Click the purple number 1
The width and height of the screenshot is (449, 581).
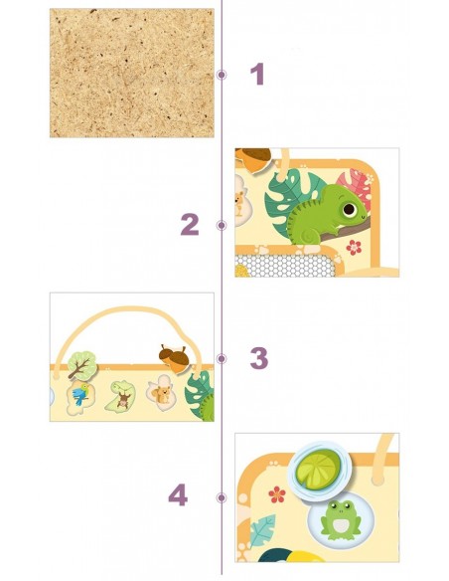click(x=257, y=74)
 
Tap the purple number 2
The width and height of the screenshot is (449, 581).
click(x=190, y=225)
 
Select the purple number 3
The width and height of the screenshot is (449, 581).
click(x=259, y=358)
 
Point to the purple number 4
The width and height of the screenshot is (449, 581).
click(x=178, y=495)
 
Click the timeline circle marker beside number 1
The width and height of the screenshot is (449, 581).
click(x=222, y=75)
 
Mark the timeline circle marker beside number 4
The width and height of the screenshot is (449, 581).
click(x=222, y=497)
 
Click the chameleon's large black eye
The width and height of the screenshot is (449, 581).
click(x=349, y=209)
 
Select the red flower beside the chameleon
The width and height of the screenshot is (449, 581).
click(x=354, y=247)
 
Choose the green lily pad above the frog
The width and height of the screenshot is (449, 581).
click(x=319, y=466)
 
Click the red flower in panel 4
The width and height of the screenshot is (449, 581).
click(x=277, y=494)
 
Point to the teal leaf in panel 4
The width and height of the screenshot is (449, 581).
click(x=262, y=530)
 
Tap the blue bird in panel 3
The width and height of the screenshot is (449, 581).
click(x=81, y=395)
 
